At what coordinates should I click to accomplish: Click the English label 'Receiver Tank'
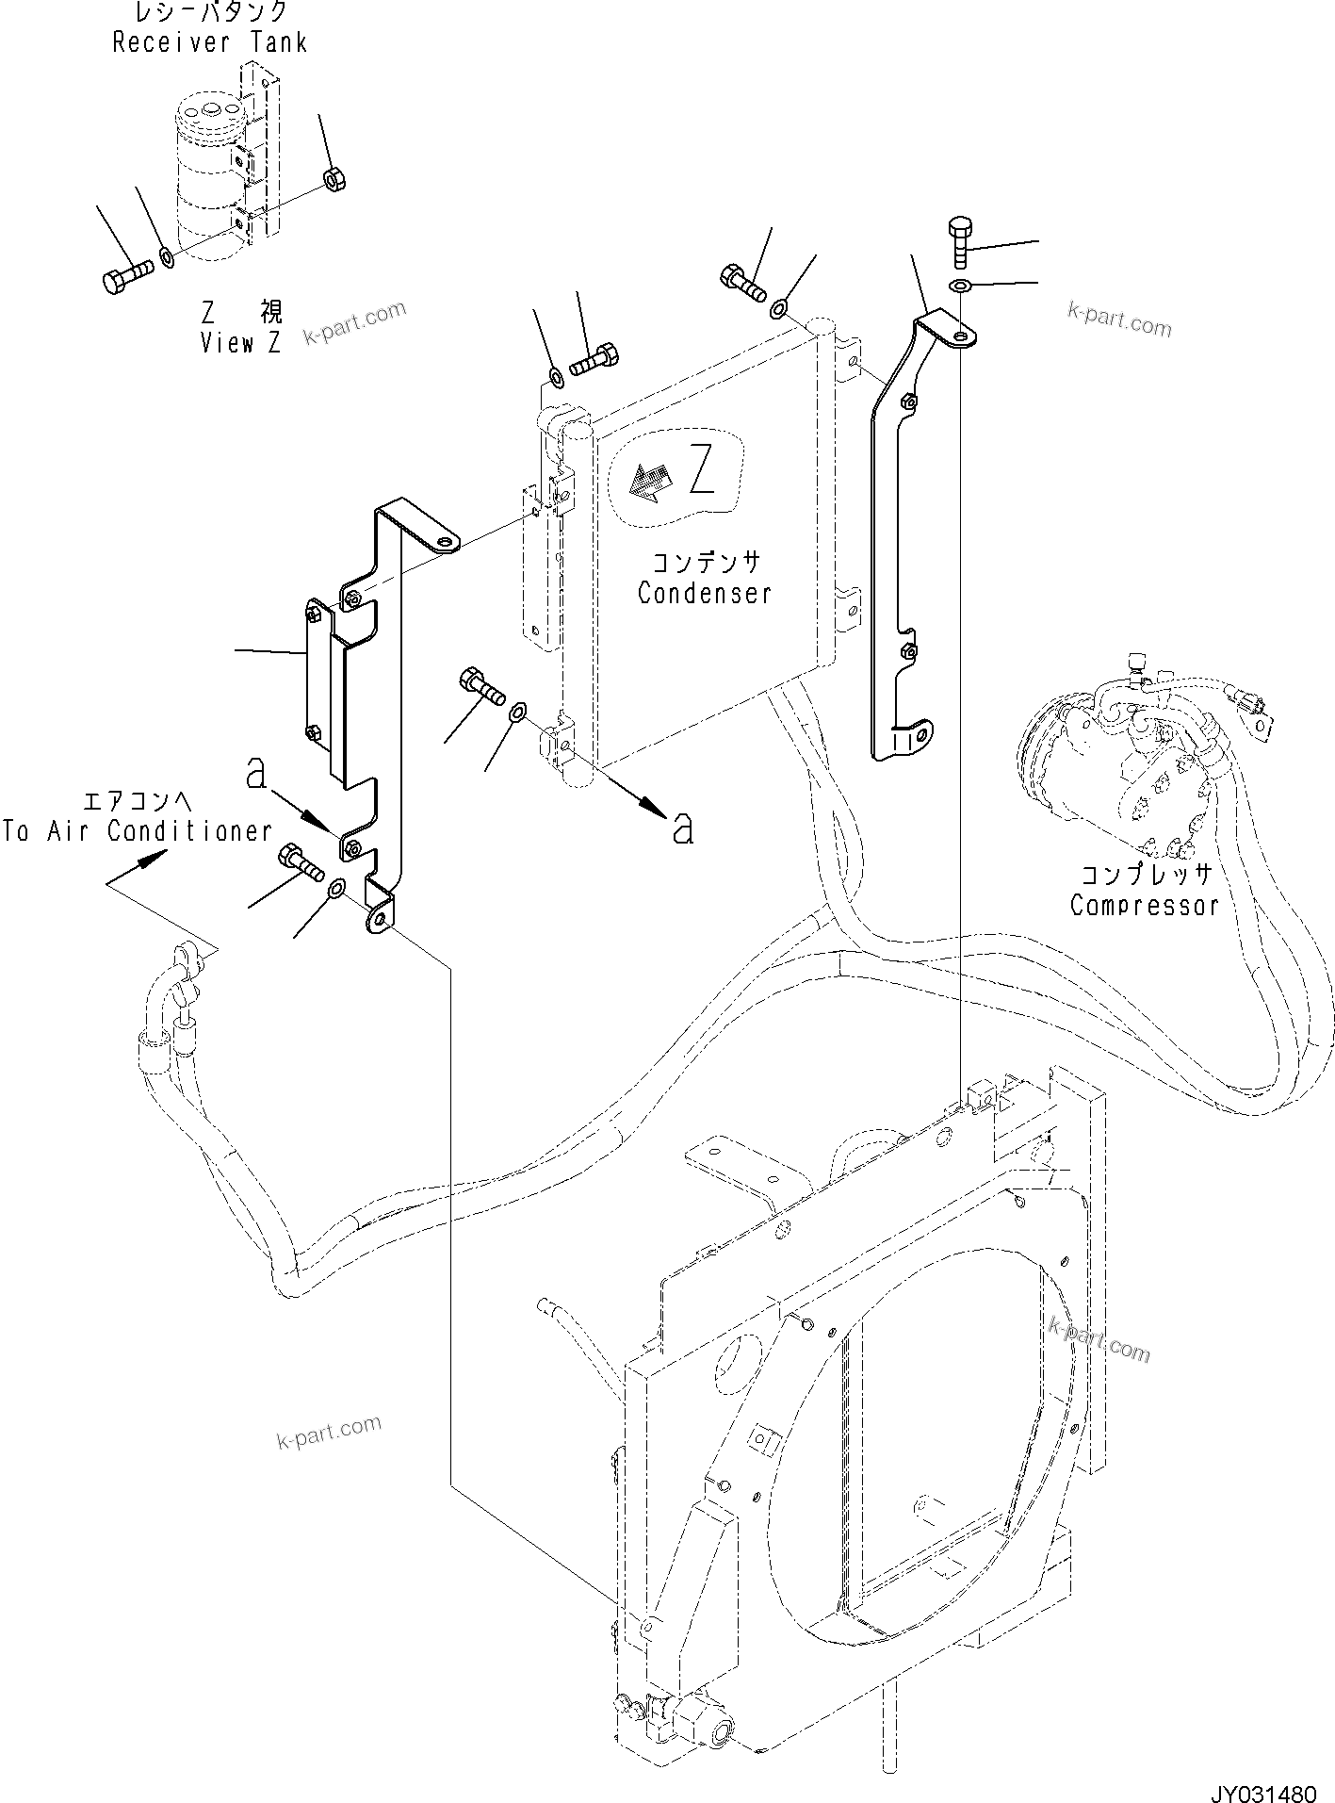[209, 43]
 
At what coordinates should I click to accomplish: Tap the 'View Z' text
[240, 343]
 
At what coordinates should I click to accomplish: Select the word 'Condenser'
[704, 594]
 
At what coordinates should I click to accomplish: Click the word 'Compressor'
[1144, 906]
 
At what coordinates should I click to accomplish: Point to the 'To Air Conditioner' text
[137, 831]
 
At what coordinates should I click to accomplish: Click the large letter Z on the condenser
[702, 470]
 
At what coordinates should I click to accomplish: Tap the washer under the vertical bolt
[958, 285]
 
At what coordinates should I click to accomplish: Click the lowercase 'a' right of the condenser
[683, 828]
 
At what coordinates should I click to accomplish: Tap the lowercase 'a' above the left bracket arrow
[255, 772]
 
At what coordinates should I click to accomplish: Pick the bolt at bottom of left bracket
[299, 862]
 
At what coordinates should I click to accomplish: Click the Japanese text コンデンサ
[705, 563]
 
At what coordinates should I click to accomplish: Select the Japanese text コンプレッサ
[1145, 875]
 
